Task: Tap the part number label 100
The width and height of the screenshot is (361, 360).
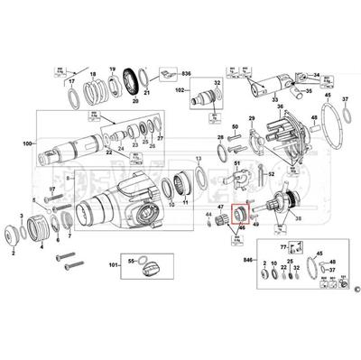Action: click(26, 144)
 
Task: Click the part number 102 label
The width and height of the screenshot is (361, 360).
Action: click(179, 92)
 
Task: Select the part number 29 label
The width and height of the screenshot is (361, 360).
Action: click(253, 118)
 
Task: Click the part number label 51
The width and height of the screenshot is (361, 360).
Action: click(236, 162)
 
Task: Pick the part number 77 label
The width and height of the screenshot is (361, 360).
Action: click(282, 246)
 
